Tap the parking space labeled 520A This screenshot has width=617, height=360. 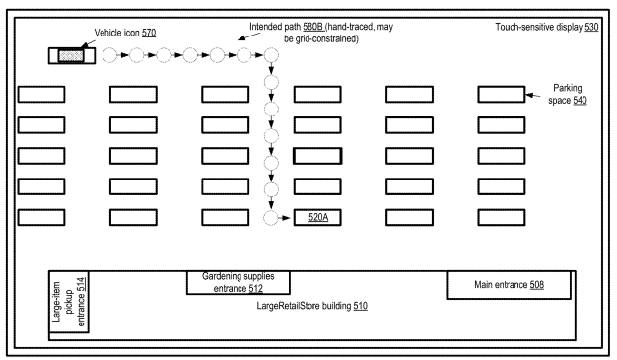point(317,217)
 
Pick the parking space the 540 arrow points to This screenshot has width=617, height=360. point(501,94)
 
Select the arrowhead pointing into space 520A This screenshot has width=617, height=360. point(290,217)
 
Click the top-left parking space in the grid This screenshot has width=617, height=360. point(41,94)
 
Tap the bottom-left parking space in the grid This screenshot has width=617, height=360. point(41,217)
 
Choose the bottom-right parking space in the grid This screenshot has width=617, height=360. point(501,217)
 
